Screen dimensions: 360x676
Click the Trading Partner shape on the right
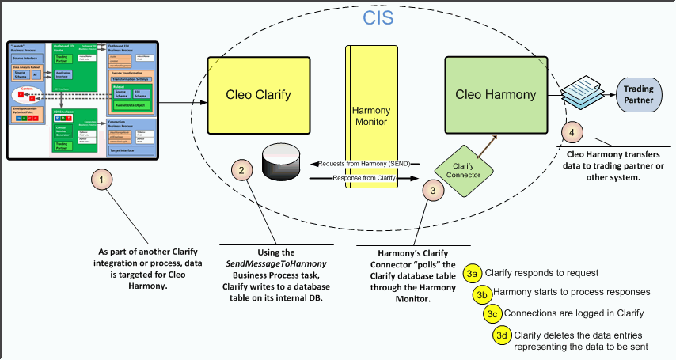coord(638,95)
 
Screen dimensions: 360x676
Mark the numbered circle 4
coord(572,132)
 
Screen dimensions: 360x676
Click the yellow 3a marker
coord(473,273)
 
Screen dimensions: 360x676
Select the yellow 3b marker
coord(482,293)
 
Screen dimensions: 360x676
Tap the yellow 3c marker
coord(493,313)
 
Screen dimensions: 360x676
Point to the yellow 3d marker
coord(502,335)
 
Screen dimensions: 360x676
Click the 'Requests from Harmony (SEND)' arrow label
coord(367,163)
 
